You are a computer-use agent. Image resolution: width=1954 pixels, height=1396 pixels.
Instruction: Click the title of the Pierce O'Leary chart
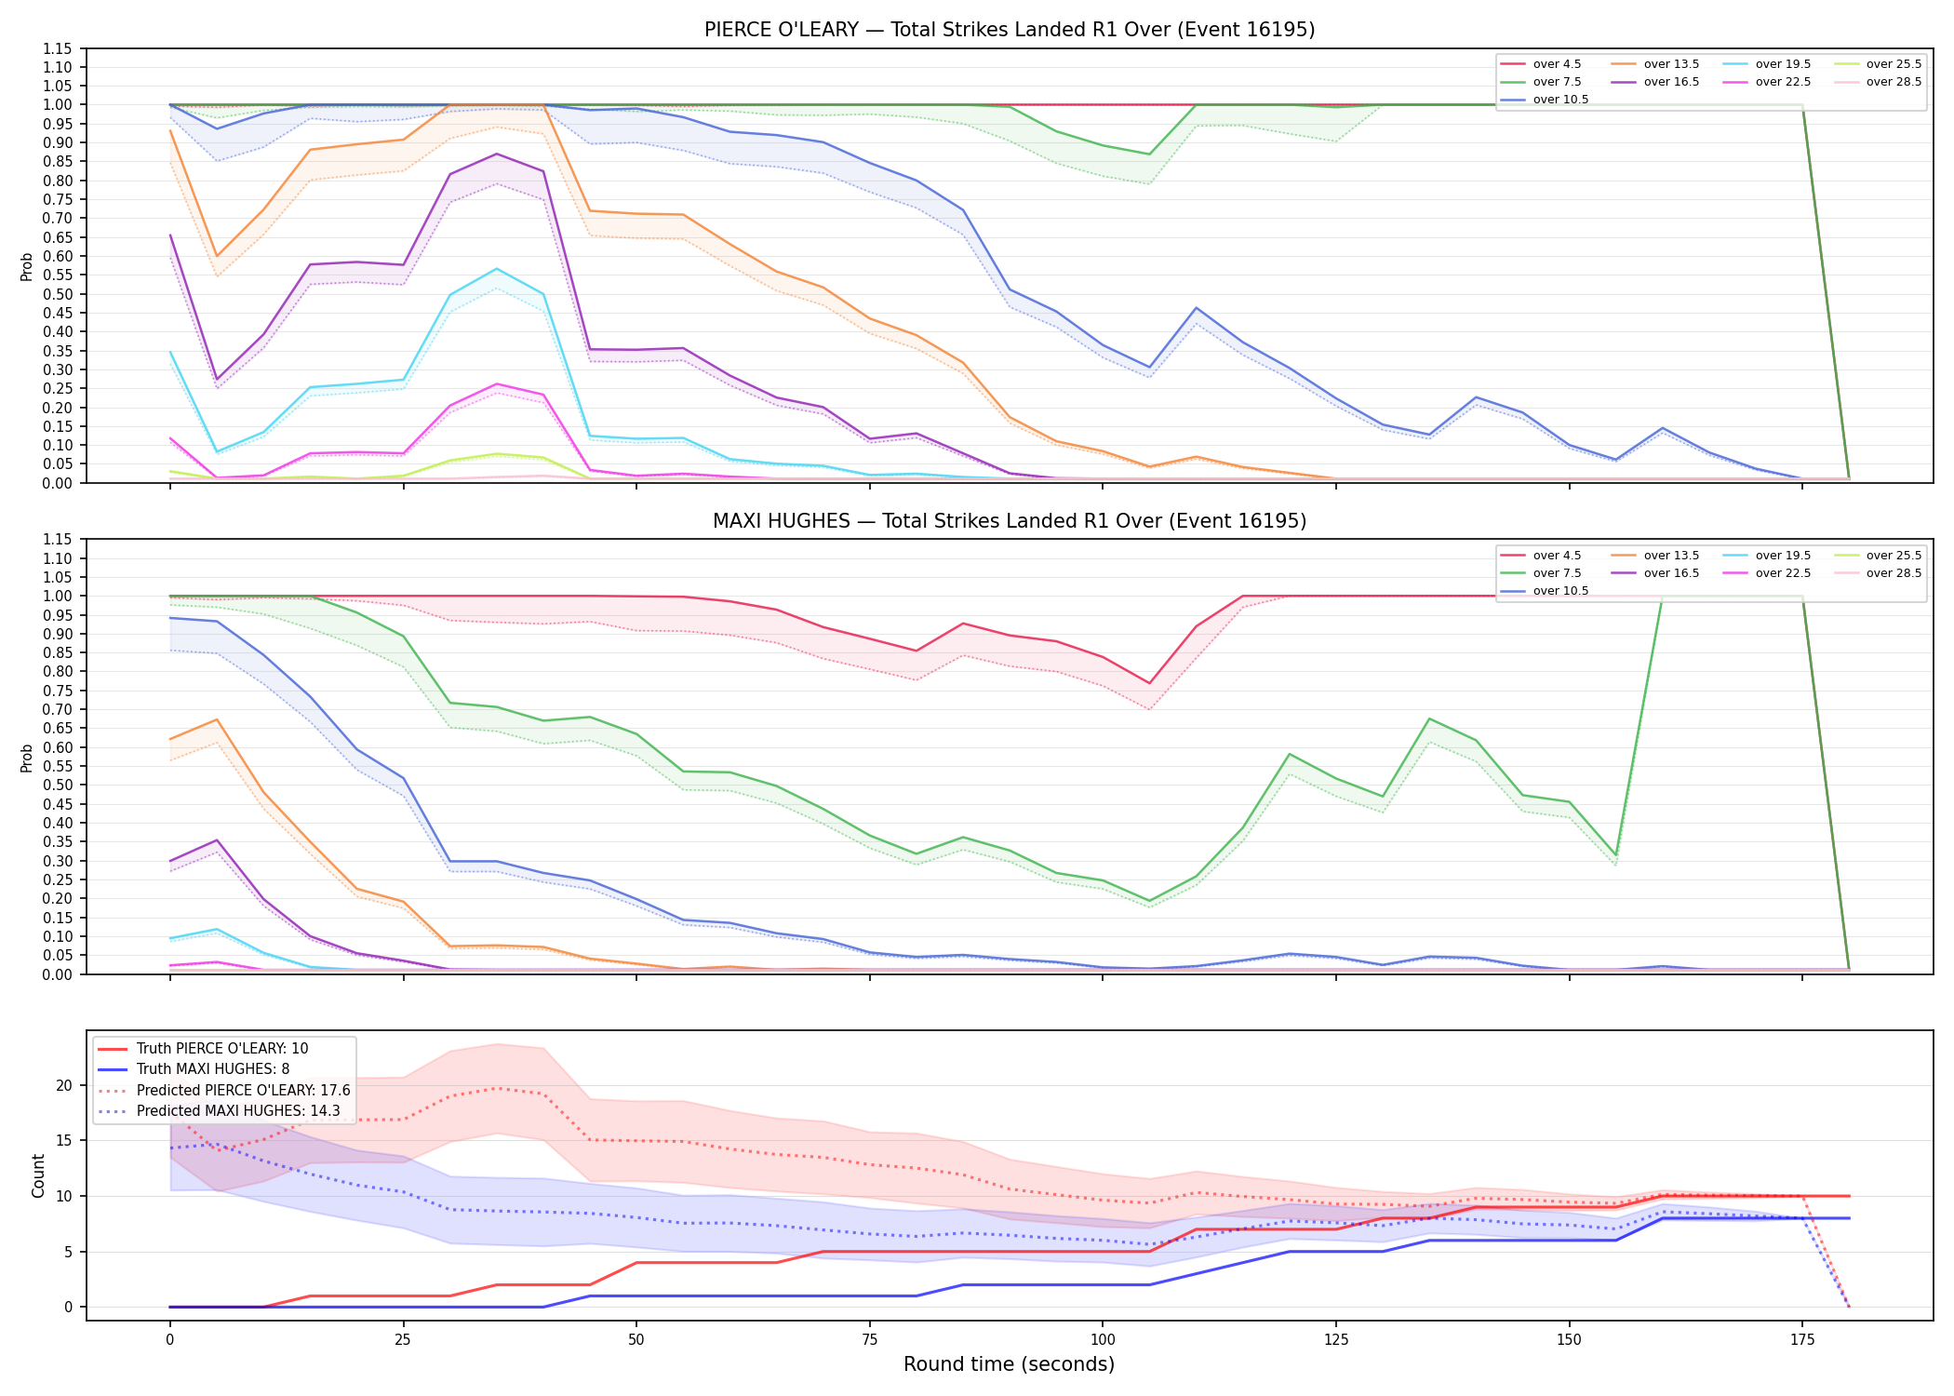(x=1010, y=30)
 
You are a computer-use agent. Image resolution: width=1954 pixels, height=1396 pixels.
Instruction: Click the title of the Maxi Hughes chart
(x=1010, y=521)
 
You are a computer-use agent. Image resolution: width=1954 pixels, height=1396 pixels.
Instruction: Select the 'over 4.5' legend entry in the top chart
(x=1540, y=64)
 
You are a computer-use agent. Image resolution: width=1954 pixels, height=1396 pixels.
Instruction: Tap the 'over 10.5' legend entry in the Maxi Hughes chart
(x=1545, y=591)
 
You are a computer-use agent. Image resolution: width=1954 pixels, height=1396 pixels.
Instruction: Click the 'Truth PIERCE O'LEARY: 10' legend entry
(x=203, y=1048)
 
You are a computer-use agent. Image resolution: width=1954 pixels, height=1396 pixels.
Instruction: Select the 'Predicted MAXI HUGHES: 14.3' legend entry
(x=220, y=1110)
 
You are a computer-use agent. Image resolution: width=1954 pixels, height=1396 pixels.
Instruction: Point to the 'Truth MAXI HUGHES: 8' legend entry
(x=194, y=1069)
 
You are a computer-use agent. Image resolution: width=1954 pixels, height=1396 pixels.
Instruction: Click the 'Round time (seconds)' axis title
(x=1009, y=1364)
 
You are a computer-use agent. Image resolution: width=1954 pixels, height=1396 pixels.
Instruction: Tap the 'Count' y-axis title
(x=38, y=1175)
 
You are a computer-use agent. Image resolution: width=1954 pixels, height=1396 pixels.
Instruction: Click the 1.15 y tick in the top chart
(x=57, y=48)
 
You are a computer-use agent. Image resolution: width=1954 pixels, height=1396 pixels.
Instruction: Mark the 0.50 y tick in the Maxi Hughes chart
(x=57, y=785)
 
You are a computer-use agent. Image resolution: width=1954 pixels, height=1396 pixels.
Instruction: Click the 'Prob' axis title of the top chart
(x=27, y=266)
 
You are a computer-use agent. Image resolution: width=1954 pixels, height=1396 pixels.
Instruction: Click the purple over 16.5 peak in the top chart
(x=497, y=154)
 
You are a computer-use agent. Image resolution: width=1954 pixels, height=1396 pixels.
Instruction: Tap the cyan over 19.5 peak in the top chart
(x=497, y=269)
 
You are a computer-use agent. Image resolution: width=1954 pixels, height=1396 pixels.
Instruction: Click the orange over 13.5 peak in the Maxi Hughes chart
(x=217, y=719)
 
